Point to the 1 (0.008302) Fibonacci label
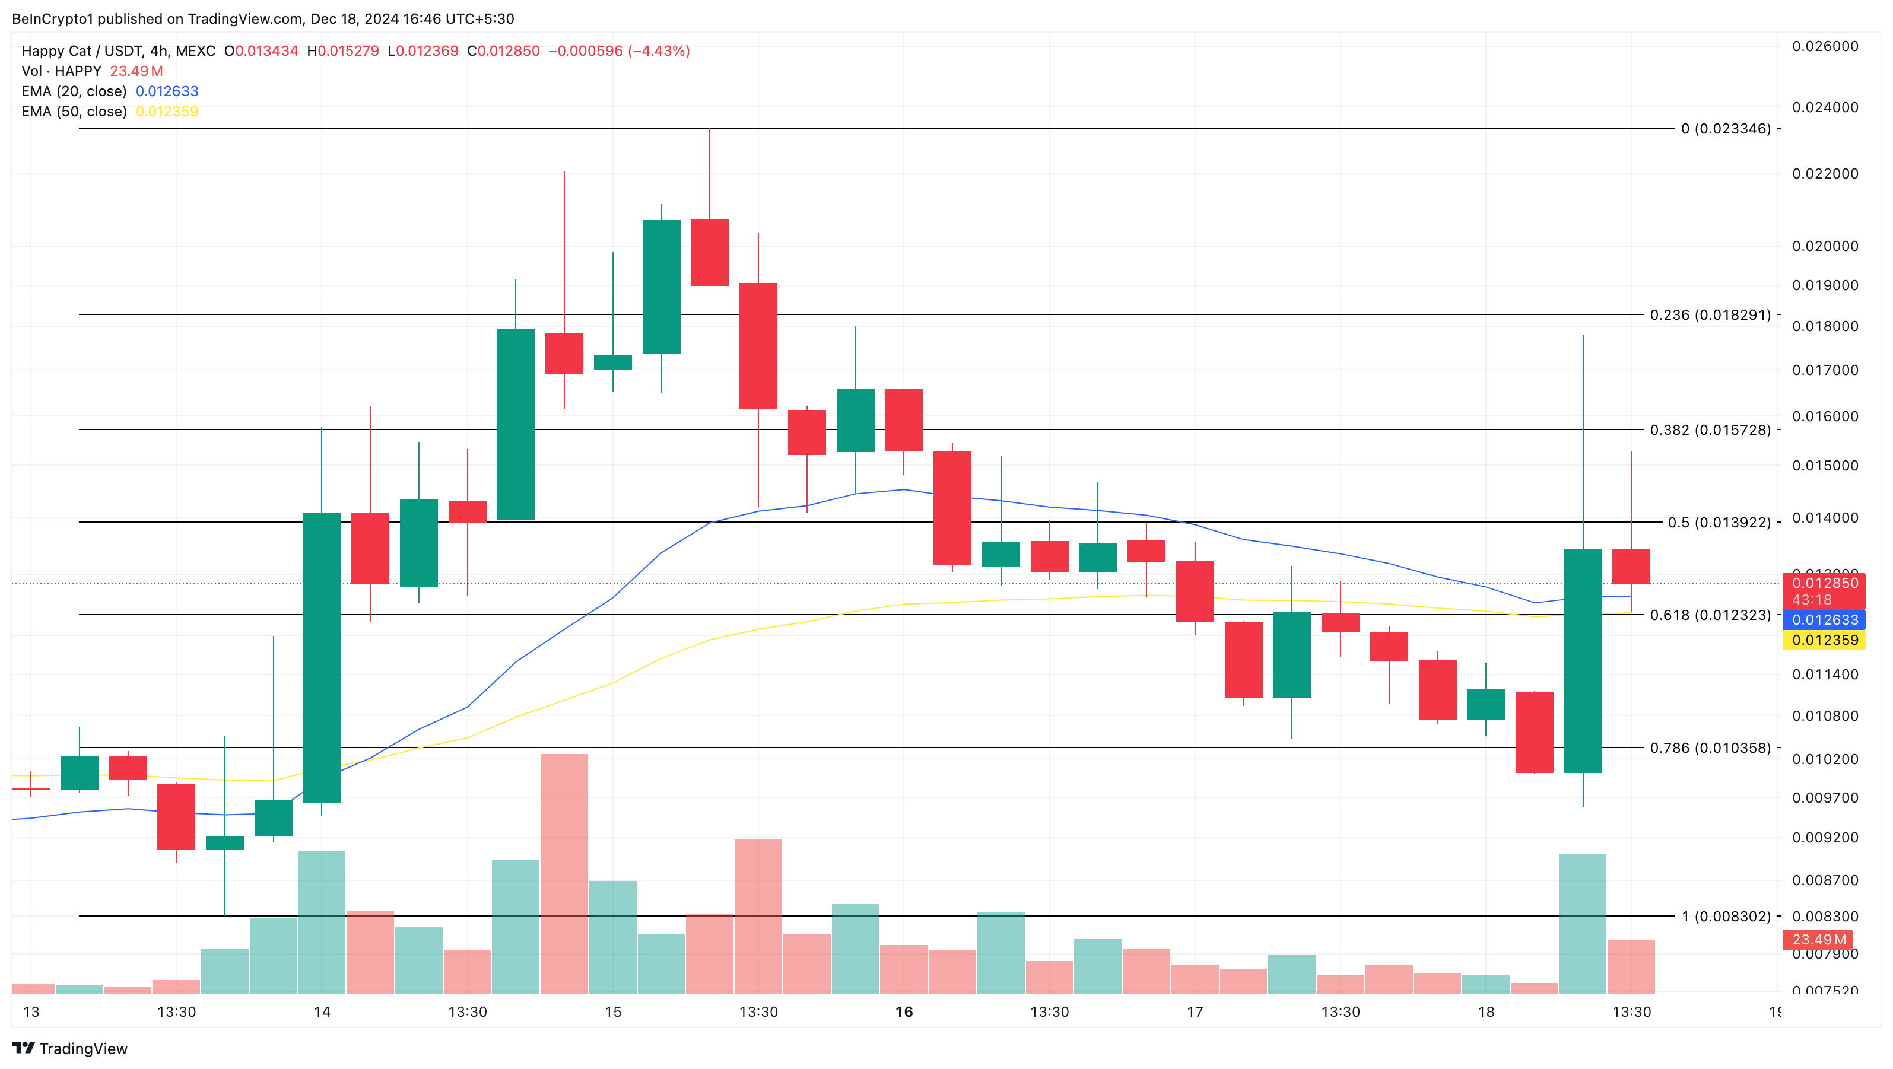pyautogui.click(x=1726, y=916)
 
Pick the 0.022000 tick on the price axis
pyautogui.click(x=1825, y=173)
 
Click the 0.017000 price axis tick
pyautogui.click(x=1825, y=370)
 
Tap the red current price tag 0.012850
pyautogui.click(x=1825, y=583)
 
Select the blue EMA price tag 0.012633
pyautogui.click(x=1825, y=620)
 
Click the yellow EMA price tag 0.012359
pyautogui.click(x=1825, y=640)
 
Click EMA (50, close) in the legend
pyautogui.click(x=74, y=112)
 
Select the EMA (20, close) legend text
pyautogui.click(x=74, y=91)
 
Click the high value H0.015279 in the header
pyautogui.click(x=343, y=50)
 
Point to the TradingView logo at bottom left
pyautogui.click(x=70, y=1048)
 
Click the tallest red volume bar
pyautogui.click(x=564, y=874)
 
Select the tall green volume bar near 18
pyautogui.click(x=1582, y=924)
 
